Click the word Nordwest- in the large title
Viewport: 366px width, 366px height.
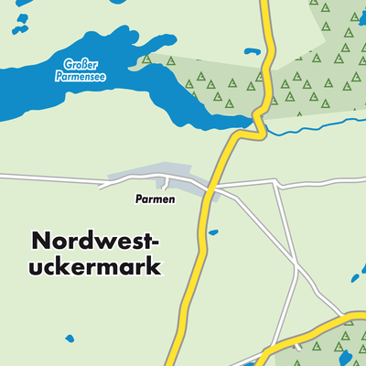coord(96,242)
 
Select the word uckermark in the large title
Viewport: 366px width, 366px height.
coord(96,267)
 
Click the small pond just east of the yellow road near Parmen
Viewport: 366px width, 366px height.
coord(213,232)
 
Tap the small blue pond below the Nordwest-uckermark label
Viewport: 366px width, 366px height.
coord(70,338)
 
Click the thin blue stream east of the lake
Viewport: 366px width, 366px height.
coord(311,125)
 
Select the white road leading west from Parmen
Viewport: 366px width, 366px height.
coord(55,178)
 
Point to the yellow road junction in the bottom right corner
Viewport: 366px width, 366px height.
coord(352,318)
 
